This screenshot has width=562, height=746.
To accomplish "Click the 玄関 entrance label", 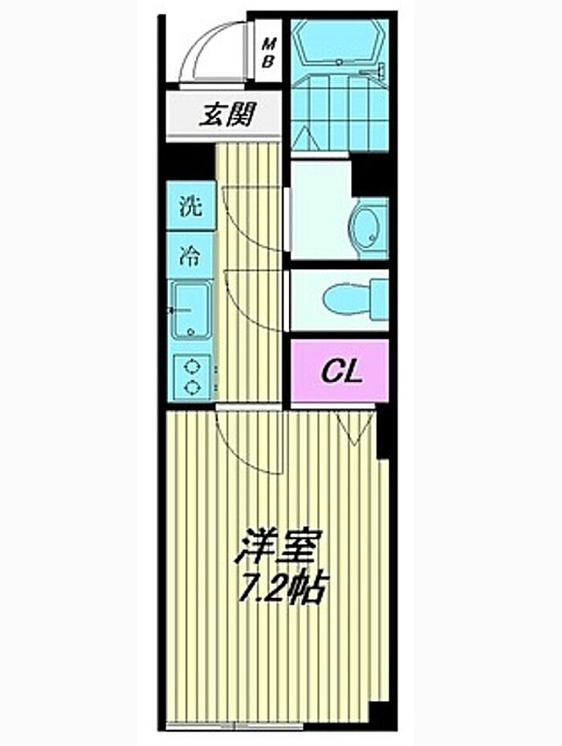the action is click(x=226, y=115).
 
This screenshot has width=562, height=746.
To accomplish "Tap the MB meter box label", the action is click(x=268, y=53).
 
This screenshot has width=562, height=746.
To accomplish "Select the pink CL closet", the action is click(x=340, y=370).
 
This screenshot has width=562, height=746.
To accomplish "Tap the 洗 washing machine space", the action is click(x=190, y=206).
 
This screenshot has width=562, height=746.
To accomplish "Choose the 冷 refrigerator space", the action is click(x=190, y=255).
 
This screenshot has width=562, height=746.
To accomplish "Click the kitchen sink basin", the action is click(x=191, y=310).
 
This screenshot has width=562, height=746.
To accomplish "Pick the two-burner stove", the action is click(x=191, y=377).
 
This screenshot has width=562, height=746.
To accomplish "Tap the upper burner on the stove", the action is click(x=192, y=367).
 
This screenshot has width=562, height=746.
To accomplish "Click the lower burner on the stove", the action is click(x=192, y=388).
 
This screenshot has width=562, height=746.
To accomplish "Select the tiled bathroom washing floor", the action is click(x=340, y=113).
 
